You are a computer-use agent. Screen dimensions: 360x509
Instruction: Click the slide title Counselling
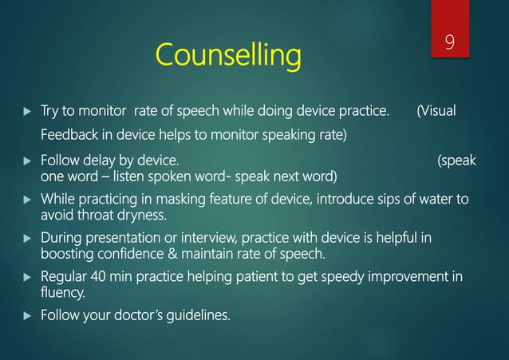[x=229, y=56]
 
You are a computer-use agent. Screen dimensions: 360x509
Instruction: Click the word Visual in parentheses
[x=438, y=110]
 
